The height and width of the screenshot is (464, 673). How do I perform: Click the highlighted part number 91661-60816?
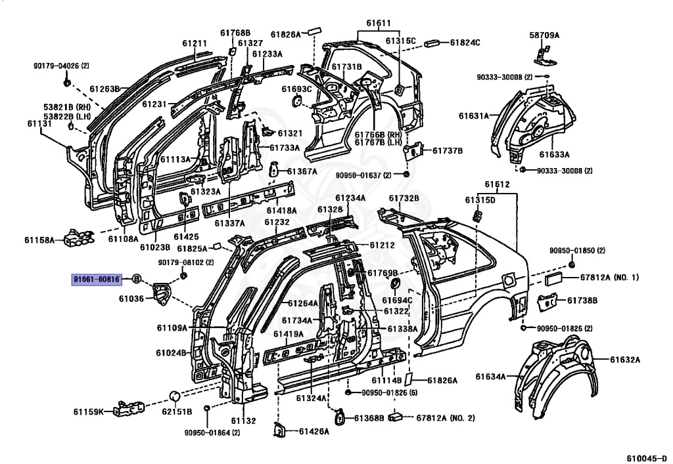(x=96, y=279)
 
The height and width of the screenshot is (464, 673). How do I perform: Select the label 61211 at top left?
(x=195, y=44)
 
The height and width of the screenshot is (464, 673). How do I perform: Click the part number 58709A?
(x=544, y=35)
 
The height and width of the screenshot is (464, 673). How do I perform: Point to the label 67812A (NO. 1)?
(x=609, y=278)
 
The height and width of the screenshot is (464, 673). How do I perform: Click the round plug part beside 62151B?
(x=175, y=396)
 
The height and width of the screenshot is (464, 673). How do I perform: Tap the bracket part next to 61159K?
(x=129, y=410)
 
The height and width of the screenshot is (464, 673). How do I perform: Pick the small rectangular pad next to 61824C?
(x=434, y=43)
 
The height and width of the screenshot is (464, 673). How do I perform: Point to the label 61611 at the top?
(x=378, y=23)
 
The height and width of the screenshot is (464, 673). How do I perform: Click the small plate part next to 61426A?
(x=279, y=429)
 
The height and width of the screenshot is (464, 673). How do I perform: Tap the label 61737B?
(x=448, y=150)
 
